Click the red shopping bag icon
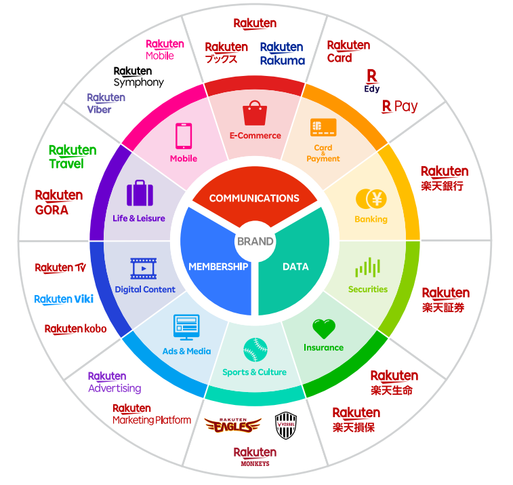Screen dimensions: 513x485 [255, 113]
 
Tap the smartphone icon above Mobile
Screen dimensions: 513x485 [184, 136]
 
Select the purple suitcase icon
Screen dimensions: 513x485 [140, 193]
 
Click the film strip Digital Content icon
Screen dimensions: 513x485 [144, 269]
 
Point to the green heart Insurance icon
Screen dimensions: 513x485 [324, 329]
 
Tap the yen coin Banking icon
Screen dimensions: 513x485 [371, 199]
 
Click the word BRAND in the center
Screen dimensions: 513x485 [255, 241]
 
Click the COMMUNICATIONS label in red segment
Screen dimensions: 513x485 [254, 198]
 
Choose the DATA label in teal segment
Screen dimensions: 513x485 [295, 267]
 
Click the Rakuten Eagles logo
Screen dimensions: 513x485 [232, 425]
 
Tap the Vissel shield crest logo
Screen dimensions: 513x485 [284, 425]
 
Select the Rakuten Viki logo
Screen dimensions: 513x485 [64, 299]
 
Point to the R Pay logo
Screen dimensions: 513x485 [400, 106]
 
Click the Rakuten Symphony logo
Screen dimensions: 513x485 [138, 77]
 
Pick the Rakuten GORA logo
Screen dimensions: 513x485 [59, 202]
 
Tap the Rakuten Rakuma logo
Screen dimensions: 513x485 [283, 54]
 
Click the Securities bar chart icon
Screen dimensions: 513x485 [368, 267]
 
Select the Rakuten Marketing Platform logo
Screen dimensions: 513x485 [152, 414]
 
